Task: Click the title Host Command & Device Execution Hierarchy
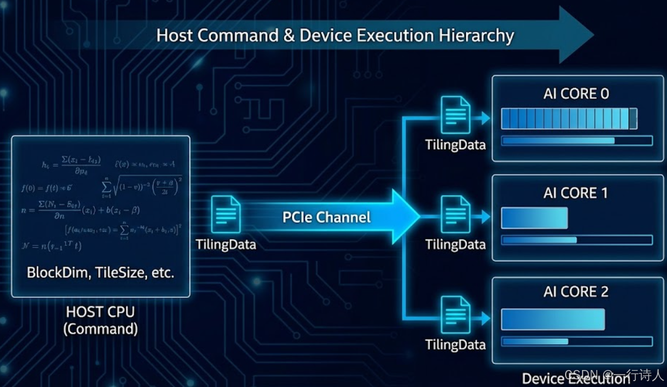[x=335, y=35]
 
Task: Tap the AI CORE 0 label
[x=576, y=94]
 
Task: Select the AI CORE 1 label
[x=576, y=193]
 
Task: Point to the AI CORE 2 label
[x=576, y=292]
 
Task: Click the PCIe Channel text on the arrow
[x=327, y=217]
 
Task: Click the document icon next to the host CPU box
[x=225, y=214]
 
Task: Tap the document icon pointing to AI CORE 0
[x=455, y=115]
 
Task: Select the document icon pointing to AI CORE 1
[x=455, y=214]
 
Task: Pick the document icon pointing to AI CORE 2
[x=455, y=314]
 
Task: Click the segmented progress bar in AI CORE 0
[x=569, y=119]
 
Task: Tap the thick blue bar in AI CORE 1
[x=534, y=218]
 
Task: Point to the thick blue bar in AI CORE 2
[x=553, y=319]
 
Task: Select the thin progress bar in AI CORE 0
[x=577, y=141]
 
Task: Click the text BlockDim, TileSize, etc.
[x=101, y=273]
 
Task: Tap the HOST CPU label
[x=101, y=312]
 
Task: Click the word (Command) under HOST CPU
[x=101, y=329]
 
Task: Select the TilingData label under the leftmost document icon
[x=226, y=244]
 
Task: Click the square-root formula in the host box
[x=143, y=186]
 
